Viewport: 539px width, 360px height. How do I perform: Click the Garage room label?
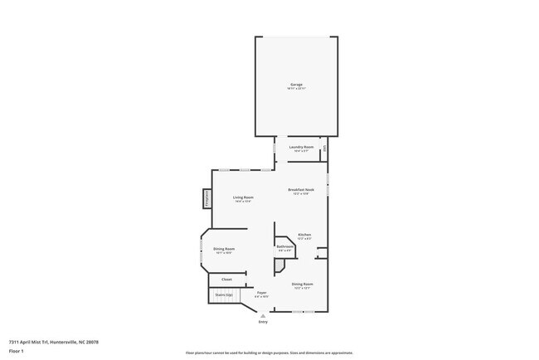click(296, 85)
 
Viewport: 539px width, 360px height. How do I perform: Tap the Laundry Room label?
click(301, 147)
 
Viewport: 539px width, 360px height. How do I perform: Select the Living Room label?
click(243, 197)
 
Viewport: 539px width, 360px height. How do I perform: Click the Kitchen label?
click(304, 236)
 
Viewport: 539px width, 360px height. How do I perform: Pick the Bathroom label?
click(286, 246)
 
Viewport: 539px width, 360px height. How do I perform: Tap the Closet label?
click(226, 280)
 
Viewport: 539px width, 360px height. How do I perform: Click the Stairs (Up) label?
click(224, 294)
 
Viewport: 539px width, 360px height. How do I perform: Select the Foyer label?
click(261, 293)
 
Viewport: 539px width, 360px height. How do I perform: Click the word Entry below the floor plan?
click(264, 322)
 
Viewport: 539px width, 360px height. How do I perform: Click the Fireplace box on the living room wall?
click(206, 199)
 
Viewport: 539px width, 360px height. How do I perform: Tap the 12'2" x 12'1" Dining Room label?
click(302, 285)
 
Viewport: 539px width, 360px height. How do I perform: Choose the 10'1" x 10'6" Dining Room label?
click(224, 251)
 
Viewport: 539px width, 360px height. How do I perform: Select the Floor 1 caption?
click(17, 350)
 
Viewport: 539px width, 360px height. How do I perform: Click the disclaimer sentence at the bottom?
click(269, 353)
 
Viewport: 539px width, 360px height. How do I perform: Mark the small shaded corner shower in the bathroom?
click(279, 265)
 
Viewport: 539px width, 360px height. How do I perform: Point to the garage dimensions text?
click(296, 88)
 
